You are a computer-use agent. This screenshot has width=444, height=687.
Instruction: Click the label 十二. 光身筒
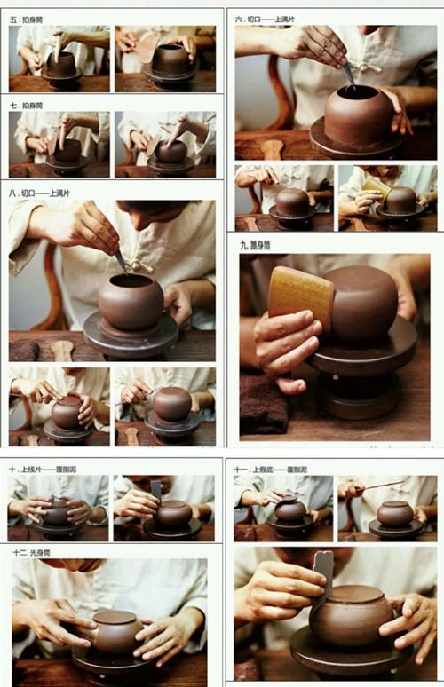(x=32, y=552)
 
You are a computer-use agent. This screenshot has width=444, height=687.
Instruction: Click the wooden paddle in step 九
(x=301, y=296)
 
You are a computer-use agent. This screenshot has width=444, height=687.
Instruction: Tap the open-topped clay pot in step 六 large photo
(x=357, y=114)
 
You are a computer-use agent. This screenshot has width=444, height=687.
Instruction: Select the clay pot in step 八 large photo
(x=131, y=302)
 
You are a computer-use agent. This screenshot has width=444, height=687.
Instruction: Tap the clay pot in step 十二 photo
(x=116, y=632)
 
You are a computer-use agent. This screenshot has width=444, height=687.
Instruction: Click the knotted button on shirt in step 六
(x=363, y=67)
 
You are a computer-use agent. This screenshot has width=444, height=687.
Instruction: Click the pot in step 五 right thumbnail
(x=170, y=59)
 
